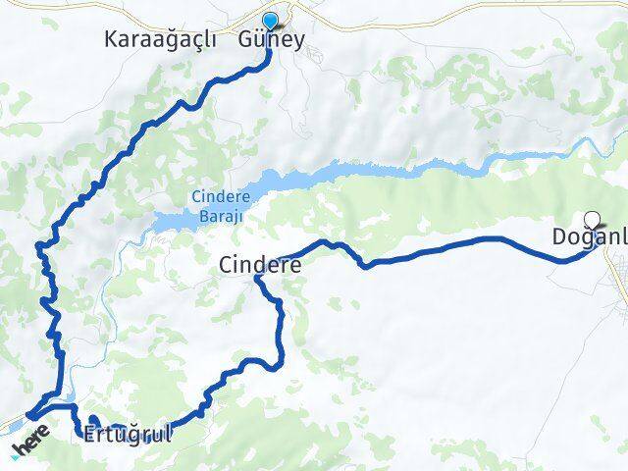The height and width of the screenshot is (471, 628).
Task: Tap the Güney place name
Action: click(x=272, y=40)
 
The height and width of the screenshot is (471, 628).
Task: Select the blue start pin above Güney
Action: click(x=271, y=20)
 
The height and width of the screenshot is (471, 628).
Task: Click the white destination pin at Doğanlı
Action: click(x=592, y=220)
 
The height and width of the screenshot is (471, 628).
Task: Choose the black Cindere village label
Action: click(x=260, y=264)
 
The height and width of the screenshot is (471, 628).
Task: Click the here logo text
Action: click(x=31, y=440)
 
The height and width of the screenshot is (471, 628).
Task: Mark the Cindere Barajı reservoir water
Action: click(x=285, y=182)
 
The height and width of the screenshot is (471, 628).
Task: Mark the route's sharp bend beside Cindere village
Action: click(x=258, y=279)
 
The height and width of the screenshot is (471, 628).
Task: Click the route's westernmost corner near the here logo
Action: click(x=29, y=416)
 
